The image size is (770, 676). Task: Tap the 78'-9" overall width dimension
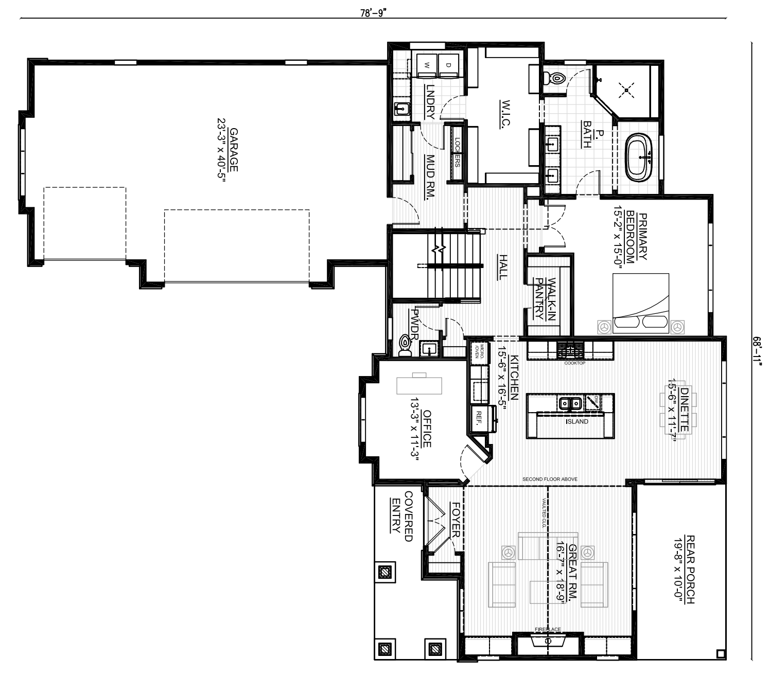coord(373,13)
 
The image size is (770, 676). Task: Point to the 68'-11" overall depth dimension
coord(757,350)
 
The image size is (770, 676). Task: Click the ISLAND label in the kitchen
coord(576,422)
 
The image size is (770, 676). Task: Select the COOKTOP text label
coord(574,363)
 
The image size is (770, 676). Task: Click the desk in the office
coord(419,384)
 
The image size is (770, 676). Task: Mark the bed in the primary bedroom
coord(641,304)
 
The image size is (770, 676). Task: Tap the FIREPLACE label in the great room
coord(547,629)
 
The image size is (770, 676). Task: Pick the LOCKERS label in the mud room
coord(457,153)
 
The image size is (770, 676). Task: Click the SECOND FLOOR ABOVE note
coord(550,479)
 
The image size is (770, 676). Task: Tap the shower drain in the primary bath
coord(626,91)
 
